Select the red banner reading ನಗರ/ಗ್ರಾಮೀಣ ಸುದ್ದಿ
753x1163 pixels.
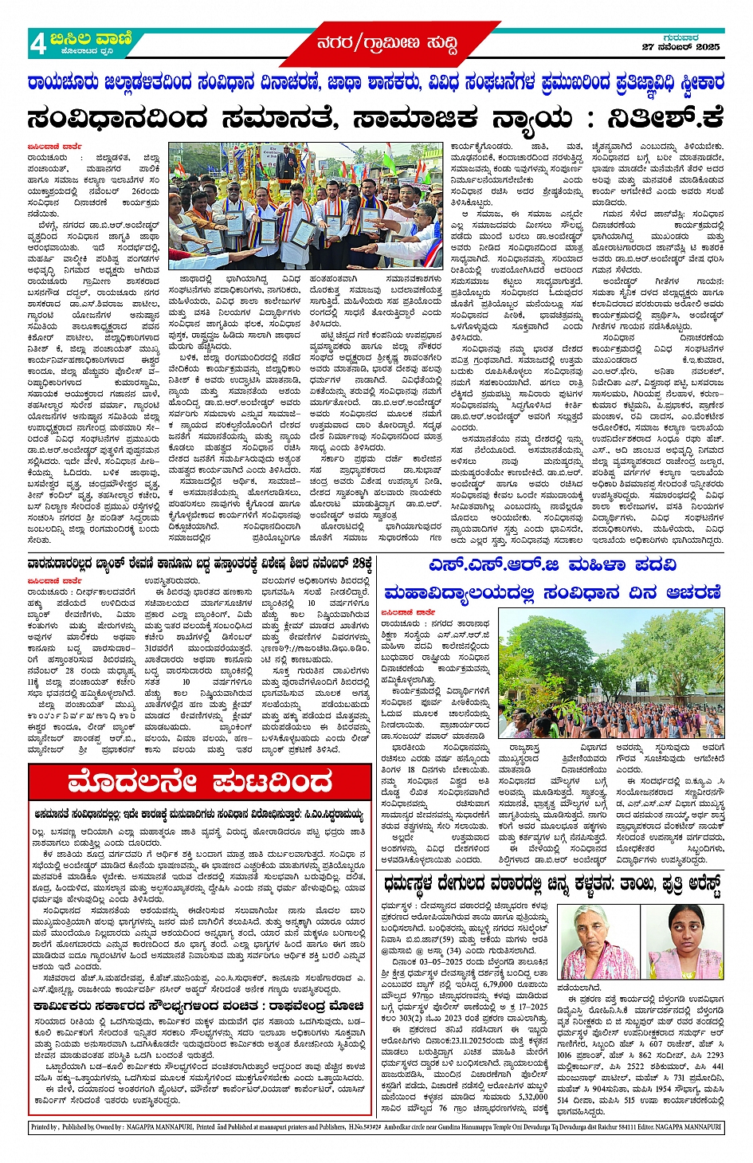point(386,44)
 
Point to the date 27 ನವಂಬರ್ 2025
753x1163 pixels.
point(680,48)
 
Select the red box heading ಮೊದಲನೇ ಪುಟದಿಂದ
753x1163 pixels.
point(199,782)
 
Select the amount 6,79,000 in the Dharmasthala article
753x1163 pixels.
point(500,984)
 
